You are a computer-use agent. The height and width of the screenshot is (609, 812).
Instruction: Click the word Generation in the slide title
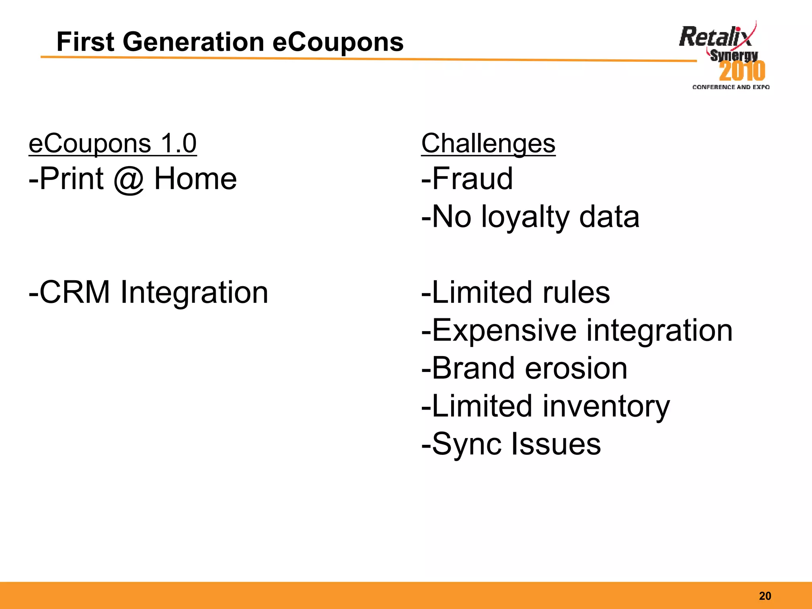point(193,42)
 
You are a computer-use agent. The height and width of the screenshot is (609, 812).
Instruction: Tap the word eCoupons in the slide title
point(338,42)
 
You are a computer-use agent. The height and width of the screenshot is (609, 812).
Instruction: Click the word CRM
point(75,292)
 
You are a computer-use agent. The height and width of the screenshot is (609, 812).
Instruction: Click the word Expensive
point(504,330)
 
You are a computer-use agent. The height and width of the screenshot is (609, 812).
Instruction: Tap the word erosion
point(576,368)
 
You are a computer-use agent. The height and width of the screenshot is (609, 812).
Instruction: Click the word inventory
point(606,406)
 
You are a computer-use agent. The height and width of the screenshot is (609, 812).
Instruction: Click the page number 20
point(765,596)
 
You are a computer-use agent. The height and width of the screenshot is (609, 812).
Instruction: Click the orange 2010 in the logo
point(742,71)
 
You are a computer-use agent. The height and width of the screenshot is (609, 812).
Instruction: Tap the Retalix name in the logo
point(715,37)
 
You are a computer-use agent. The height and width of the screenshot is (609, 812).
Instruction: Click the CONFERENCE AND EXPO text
point(731,87)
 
